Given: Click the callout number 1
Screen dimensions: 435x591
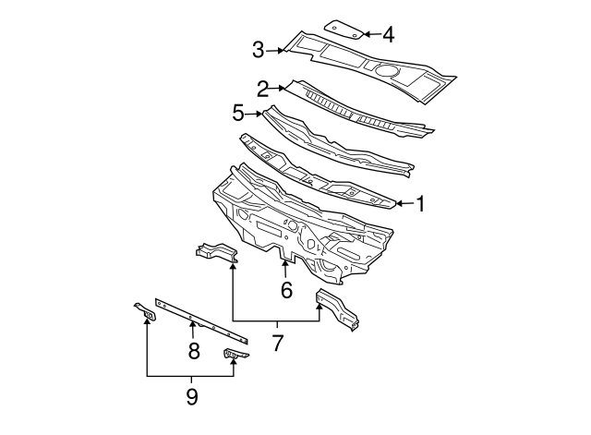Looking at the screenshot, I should click(420, 203).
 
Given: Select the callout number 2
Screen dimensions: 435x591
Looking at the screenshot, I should click(263, 89).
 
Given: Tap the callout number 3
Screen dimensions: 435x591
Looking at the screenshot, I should click(259, 50).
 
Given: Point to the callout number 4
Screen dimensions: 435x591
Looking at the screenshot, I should click(388, 35).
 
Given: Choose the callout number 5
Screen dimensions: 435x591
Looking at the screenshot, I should click(238, 113).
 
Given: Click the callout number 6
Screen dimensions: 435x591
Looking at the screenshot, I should click(286, 290).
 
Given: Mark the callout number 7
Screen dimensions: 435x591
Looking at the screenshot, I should click(277, 344).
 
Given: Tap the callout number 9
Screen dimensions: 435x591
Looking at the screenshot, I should click(192, 397).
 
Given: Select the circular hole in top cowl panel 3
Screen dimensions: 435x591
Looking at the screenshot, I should click(385, 69).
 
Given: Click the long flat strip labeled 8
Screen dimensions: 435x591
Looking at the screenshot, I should click(199, 319).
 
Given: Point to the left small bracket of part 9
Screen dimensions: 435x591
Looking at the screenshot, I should click(145, 313).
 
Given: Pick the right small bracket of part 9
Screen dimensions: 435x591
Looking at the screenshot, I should click(235, 354).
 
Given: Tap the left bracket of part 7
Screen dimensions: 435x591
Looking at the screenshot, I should click(214, 250).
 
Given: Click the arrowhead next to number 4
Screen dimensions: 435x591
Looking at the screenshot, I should click(366, 34).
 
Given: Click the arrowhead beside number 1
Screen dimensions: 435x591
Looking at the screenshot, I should click(400, 202).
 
